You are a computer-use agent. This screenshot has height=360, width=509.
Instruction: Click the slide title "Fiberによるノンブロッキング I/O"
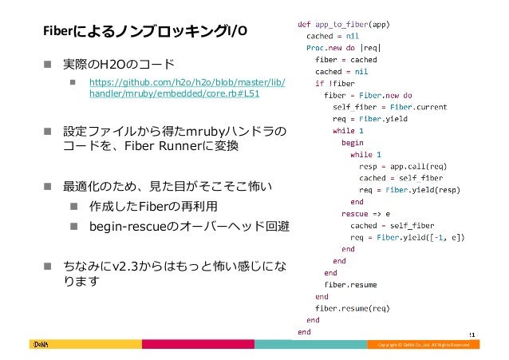144,32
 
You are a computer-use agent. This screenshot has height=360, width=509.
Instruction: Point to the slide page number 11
472,334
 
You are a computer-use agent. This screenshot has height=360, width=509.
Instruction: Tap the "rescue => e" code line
366,214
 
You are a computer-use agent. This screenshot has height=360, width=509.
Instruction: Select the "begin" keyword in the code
352,142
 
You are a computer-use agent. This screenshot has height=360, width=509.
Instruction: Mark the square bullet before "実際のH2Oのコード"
49,64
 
